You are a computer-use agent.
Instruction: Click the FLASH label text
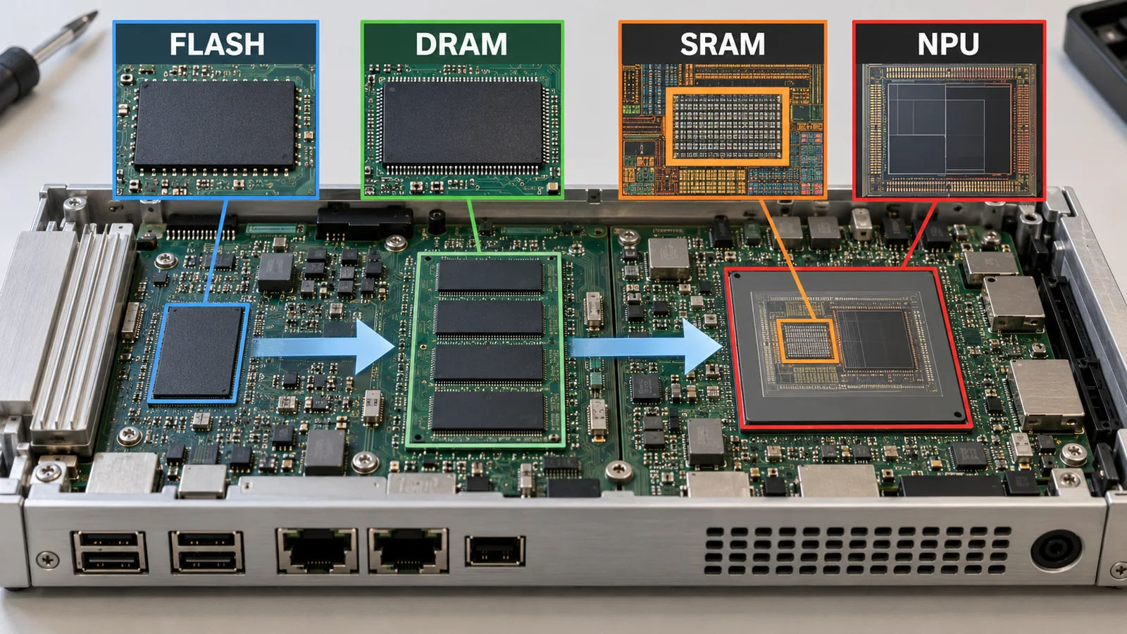(217, 44)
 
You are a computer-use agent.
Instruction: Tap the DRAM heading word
(461, 44)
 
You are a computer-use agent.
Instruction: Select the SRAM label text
(723, 44)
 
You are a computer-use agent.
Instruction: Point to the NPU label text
(948, 44)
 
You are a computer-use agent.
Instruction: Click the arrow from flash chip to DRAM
(322, 346)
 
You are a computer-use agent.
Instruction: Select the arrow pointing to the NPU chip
(647, 346)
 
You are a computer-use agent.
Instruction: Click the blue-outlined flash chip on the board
(199, 353)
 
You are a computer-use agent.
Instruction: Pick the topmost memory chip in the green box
(490, 275)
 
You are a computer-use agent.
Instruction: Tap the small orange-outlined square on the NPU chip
(808, 341)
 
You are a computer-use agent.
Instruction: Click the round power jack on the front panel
(1056, 550)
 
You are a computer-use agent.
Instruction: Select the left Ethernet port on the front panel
(317, 550)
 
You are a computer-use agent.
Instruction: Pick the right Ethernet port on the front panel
(408, 550)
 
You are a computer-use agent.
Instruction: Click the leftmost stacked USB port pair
(110, 552)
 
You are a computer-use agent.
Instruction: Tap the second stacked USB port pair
(207, 552)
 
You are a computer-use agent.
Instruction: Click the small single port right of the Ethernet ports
(495, 550)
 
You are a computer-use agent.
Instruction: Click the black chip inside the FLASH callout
(215, 124)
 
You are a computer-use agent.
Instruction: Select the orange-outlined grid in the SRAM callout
(728, 126)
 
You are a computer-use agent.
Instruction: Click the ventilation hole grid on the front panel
(857, 550)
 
